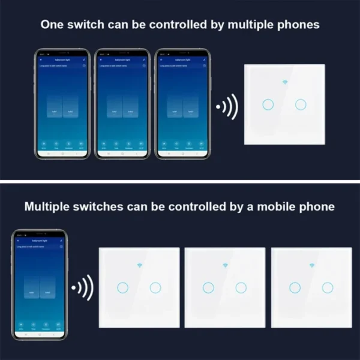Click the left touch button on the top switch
click(268, 104)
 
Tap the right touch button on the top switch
click(301, 104)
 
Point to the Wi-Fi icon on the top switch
click(284, 82)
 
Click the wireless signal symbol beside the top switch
click(227, 107)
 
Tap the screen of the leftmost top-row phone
click(62, 103)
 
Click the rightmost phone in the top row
click(182, 103)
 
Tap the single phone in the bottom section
click(40, 283)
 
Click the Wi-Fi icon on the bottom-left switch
click(139, 265)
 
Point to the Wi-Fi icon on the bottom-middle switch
click(225, 265)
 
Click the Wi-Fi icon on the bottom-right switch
click(311, 265)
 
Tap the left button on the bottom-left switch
click(122, 287)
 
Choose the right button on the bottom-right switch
click(328, 287)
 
